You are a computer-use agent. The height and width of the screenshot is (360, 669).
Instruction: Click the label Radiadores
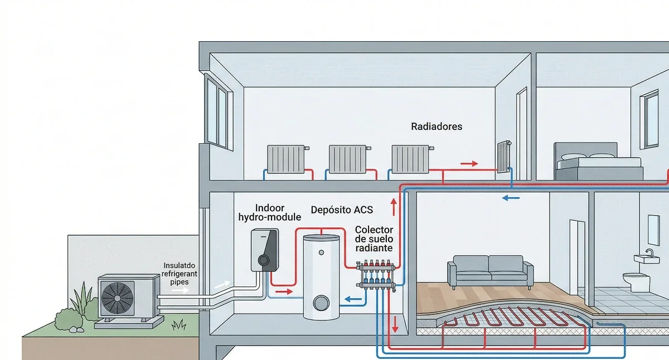[437, 127]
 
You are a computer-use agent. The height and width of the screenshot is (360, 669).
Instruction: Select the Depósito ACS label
[342, 210]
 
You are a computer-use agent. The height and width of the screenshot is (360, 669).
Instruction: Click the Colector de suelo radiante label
[374, 239]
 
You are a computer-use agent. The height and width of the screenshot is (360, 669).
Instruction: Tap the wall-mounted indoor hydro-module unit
[264, 250]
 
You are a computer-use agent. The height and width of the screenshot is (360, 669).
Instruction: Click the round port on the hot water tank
[321, 303]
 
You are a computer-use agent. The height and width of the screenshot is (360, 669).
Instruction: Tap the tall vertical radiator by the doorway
[503, 157]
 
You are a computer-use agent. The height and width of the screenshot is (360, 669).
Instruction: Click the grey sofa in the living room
[489, 270]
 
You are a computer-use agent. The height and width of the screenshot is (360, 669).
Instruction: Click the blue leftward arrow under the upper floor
[510, 197]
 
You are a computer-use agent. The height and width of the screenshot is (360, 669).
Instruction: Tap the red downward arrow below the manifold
[395, 324]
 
